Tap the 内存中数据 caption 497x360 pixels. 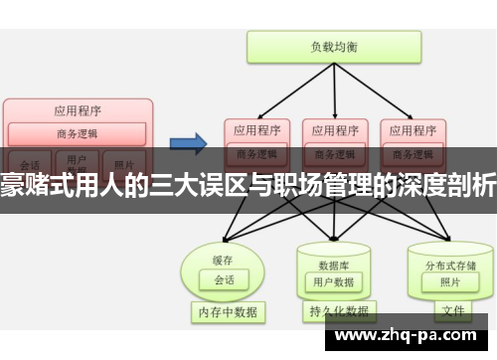pos(226,311)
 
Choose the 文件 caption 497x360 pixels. pos(452,311)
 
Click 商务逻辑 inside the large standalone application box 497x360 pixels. pos(78,133)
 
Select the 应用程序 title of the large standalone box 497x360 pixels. pos(78,110)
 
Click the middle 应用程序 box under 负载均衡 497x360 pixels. pos(334,129)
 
